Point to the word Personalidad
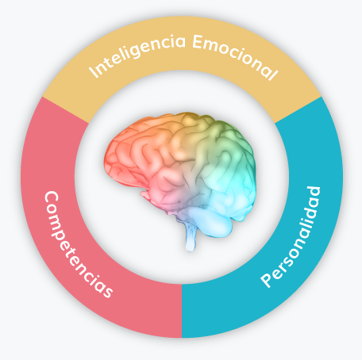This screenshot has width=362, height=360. click(291, 237)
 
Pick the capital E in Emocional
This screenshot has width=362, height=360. click(198, 42)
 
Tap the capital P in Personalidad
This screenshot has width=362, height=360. click(268, 279)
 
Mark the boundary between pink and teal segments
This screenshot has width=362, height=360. click(182, 311)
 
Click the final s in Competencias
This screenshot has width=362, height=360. click(108, 291)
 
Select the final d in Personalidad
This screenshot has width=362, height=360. click(314, 193)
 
